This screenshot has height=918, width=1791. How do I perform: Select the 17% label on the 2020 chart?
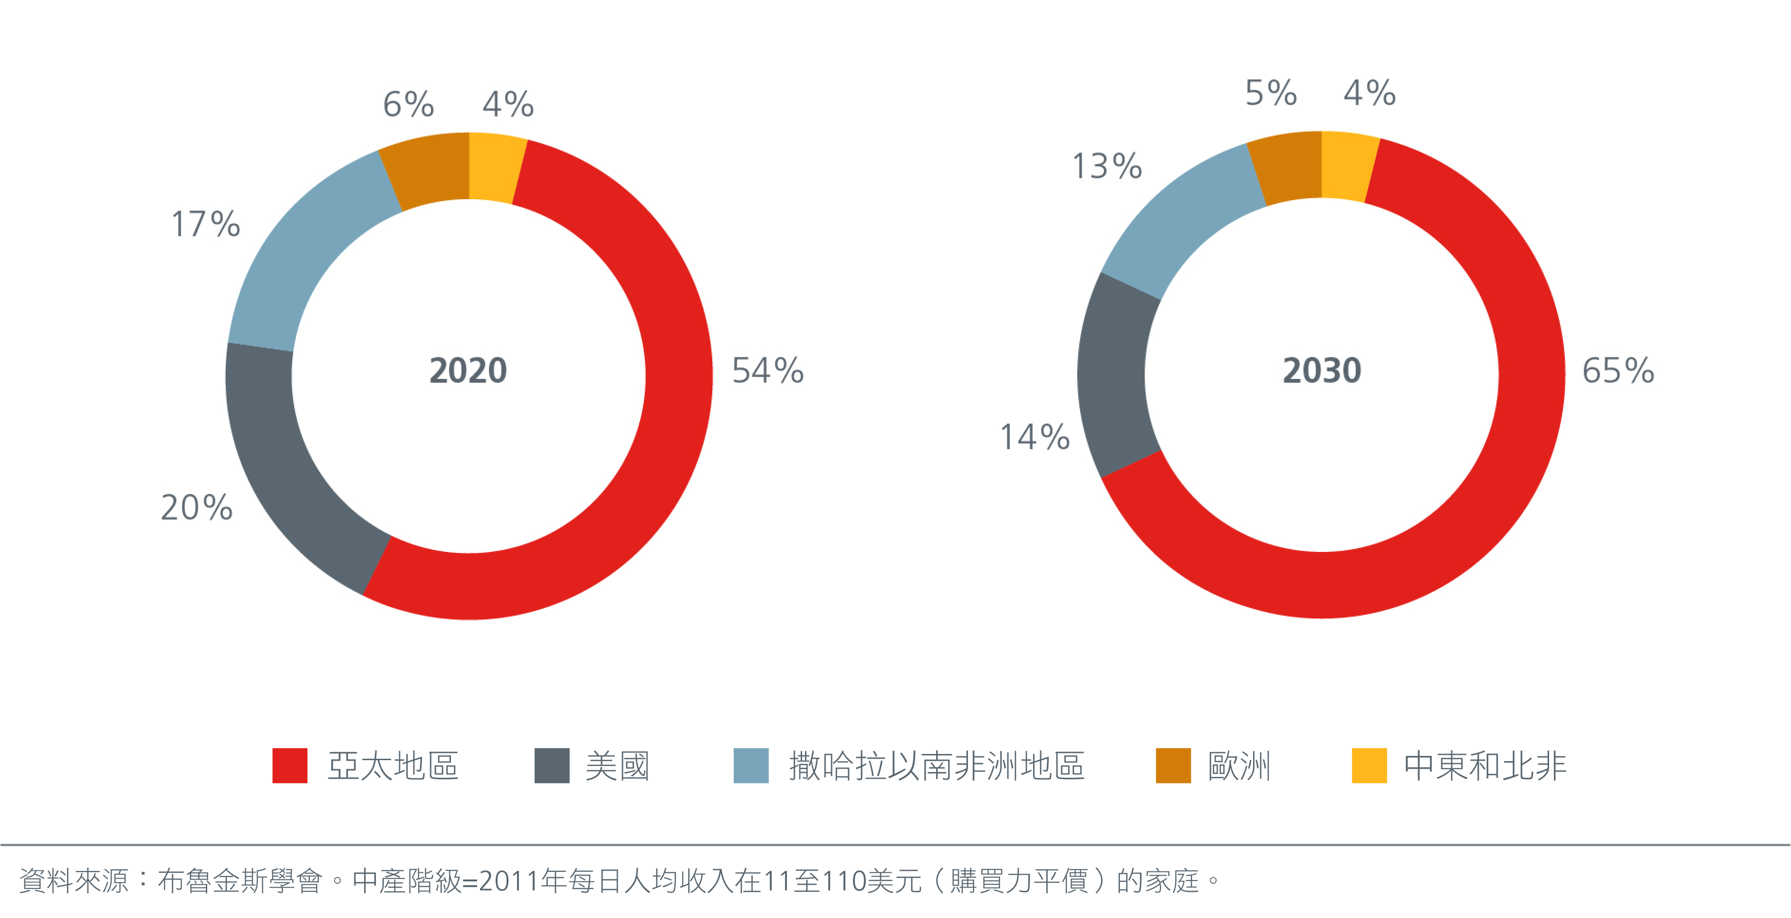click(x=206, y=224)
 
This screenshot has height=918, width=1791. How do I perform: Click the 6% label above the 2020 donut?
click(x=409, y=104)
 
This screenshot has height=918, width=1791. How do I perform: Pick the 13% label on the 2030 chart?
click(x=1107, y=166)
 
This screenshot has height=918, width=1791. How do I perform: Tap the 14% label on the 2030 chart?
click(x=1034, y=437)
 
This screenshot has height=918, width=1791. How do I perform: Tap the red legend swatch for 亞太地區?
click(x=290, y=766)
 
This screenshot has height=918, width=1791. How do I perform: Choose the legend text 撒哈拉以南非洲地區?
click(x=937, y=766)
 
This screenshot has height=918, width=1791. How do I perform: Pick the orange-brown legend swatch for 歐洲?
click(x=1173, y=766)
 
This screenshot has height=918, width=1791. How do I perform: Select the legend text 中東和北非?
click(x=1485, y=766)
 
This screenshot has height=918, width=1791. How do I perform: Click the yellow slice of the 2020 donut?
click(x=495, y=167)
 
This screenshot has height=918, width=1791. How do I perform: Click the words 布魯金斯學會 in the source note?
click(x=240, y=881)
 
